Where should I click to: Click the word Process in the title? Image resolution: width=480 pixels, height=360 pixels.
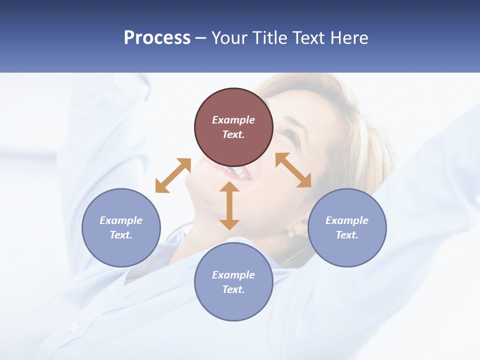(x=157, y=38)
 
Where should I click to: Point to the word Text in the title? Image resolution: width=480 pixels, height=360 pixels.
(x=310, y=38)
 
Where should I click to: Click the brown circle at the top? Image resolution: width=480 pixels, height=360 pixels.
(x=233, y=127)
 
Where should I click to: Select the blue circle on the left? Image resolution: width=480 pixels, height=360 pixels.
(x=121, y=227)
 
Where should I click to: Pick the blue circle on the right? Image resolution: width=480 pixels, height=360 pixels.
(x=347, y=227)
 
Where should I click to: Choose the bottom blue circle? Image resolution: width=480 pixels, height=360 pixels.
(x=233, y=282)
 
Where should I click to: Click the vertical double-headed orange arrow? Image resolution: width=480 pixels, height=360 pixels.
(x=229, y=205)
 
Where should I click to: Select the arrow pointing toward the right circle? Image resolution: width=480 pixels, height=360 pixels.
(x=293, y=170)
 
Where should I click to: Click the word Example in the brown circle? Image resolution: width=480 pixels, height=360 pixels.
(x=233, y=120)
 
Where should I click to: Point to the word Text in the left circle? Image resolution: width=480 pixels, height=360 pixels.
(x=121, y=235)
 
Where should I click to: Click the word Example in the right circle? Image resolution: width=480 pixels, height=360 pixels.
(x=347, y=220)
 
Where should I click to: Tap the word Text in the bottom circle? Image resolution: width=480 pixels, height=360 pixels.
(x=233, y=289)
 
